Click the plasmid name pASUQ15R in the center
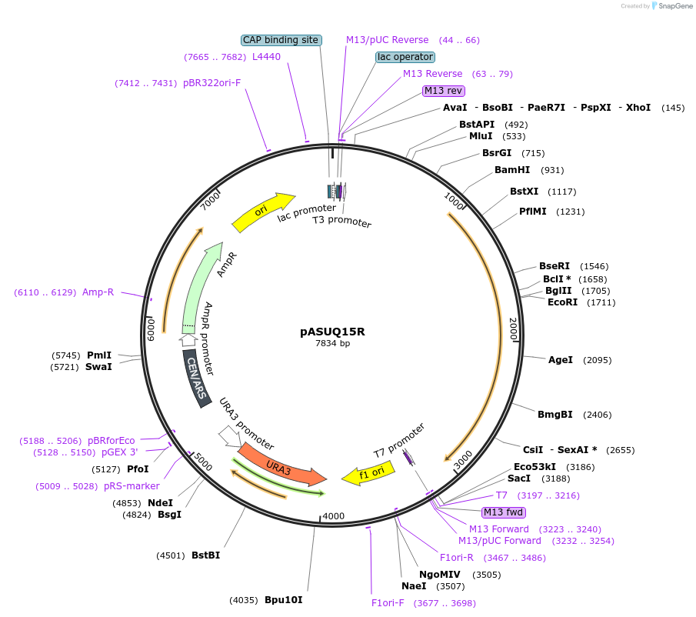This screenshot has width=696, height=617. tap(332, 332)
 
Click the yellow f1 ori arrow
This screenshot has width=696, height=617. tap(368, 473)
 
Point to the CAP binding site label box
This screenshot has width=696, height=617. tap(281, 40)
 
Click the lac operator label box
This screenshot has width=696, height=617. tap(405, 57)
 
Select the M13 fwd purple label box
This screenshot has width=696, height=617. tap(504, 512)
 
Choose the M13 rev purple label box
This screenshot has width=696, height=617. tap(444, 91)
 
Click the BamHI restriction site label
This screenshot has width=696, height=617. tap(512, 170)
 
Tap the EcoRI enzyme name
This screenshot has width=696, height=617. tap(562, 302)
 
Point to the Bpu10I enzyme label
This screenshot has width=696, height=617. tap(284, 599)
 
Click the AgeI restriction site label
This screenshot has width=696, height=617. tap(560, 359)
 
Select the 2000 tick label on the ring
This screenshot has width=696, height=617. tap(513, 329)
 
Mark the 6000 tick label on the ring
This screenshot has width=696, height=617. tap(151, 329)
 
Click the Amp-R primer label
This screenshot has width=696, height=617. tap(98, 292)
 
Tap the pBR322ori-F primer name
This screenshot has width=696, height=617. tap(211, 83)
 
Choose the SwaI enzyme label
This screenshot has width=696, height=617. tap(98, 367)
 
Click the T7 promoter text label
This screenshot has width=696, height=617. tap(399, 440)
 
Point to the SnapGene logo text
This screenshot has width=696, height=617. tap(675, 6)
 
